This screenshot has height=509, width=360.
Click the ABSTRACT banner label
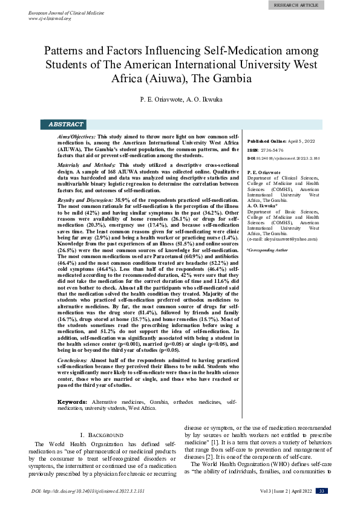point(65,125)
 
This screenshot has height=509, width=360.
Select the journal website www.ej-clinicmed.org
point(50,19)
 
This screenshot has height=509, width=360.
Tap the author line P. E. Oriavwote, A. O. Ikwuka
point(180,98)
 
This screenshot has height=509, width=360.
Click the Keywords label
point(75,402)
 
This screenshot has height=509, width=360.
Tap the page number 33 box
point(322,491)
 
